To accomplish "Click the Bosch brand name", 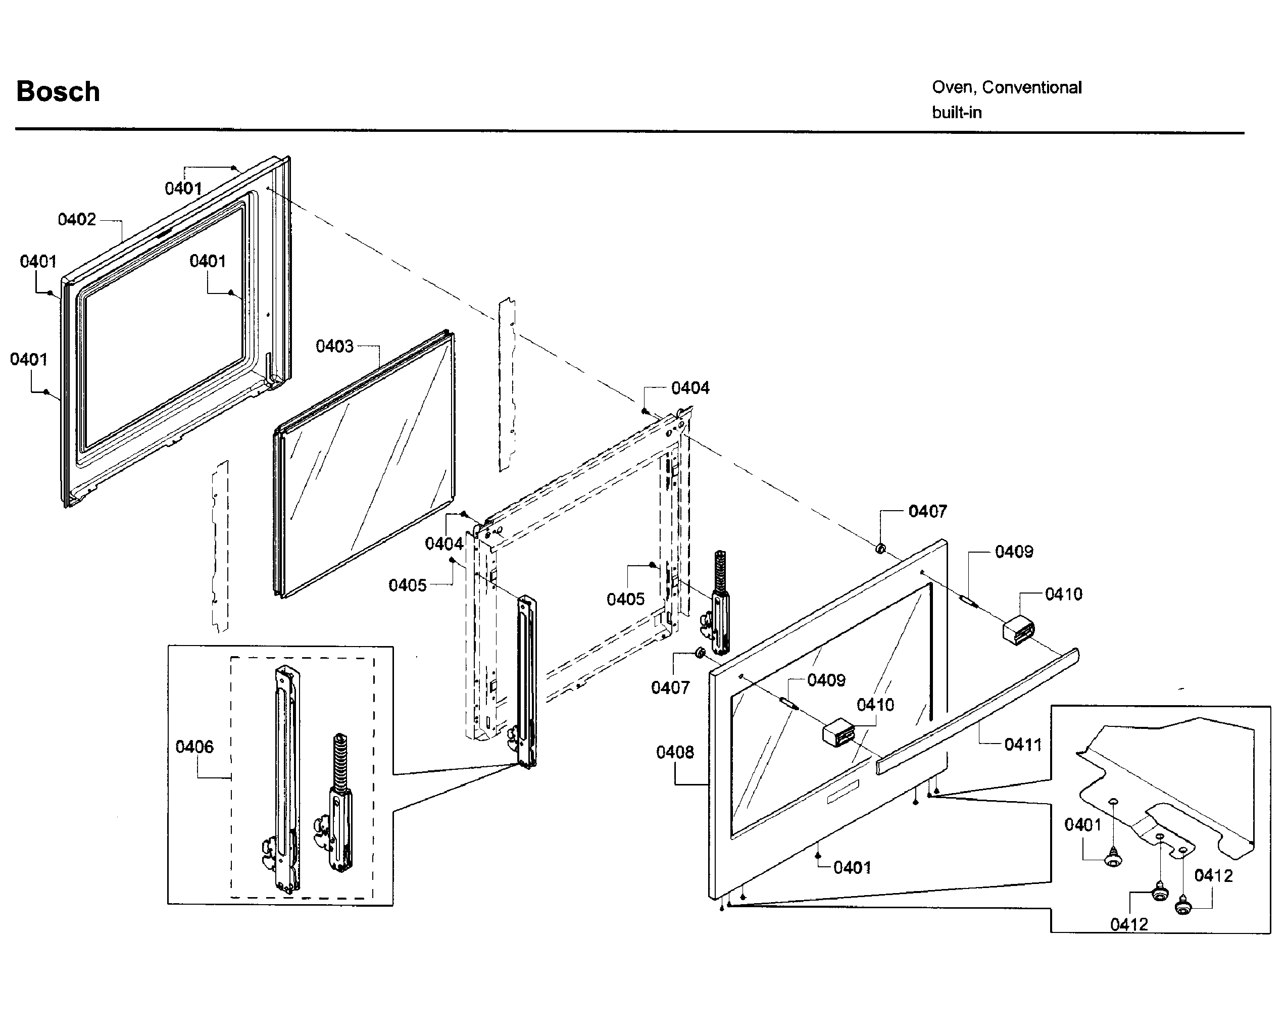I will point(58,92).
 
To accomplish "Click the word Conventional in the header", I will point(1031,88).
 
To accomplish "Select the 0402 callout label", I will point(76,220).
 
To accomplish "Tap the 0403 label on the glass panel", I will point(334,347).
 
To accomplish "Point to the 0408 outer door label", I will point(675,752).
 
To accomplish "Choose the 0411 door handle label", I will point(1023,745).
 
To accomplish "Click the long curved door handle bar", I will point(978,710).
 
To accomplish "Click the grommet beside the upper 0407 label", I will point(880,548).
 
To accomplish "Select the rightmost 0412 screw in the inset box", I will point(1183,907).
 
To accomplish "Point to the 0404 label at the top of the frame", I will point(690,388).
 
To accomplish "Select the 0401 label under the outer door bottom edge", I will point(852,867).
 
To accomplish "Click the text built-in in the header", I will point(957,113).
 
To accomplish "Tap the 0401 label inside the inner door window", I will point(208,261).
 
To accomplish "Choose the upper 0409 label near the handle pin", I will point(1013,552).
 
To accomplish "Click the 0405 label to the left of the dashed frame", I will point(408,585).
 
